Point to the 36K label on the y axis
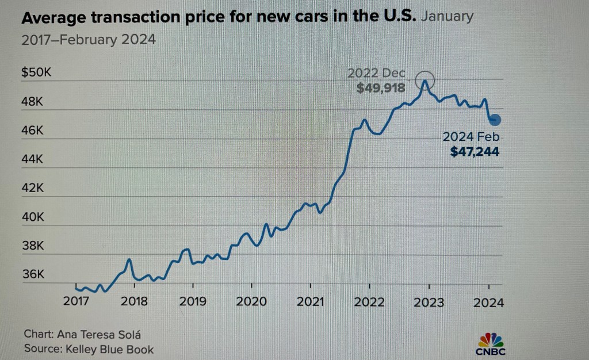pos(34,274)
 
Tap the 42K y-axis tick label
pos(34,188)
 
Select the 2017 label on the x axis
pos(75,301)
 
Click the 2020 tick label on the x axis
pos(251,301)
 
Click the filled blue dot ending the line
pos(495,120)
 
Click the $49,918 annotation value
pos(381,88)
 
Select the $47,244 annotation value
pos(475,152)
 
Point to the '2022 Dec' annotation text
pos(376,74)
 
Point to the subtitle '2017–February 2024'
pos(89,40)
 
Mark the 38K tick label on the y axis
pos(34,246)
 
